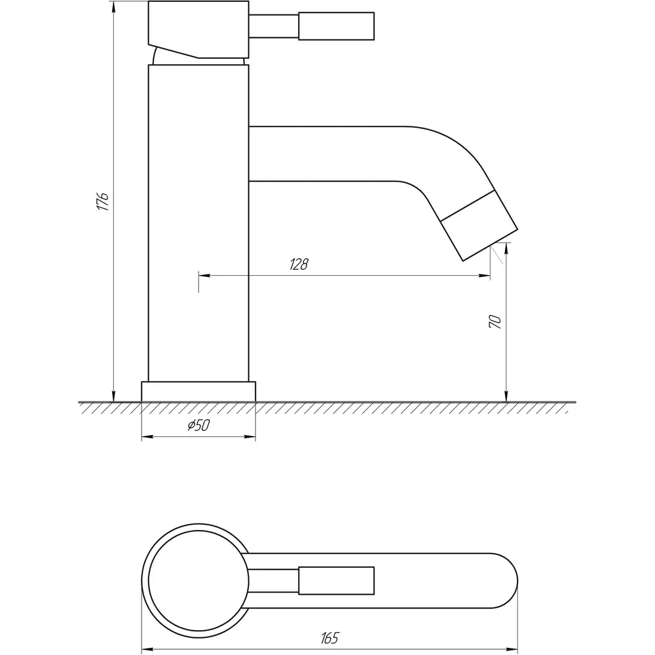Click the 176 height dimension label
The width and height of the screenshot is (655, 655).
tap(103, 201)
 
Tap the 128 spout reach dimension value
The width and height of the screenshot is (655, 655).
tap(299, 265)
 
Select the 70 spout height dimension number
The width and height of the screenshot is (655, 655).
tap(495, 322)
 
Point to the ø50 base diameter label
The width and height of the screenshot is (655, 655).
tap(199, 426)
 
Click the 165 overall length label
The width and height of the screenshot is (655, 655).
tap(330, 638)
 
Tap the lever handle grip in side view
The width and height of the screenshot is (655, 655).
tap(336, 26)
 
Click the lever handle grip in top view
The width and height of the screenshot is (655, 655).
tap(336, 580)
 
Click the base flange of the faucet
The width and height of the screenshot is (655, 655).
tap(198, 392)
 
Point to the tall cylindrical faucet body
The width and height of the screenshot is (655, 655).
tap(198, 223)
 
